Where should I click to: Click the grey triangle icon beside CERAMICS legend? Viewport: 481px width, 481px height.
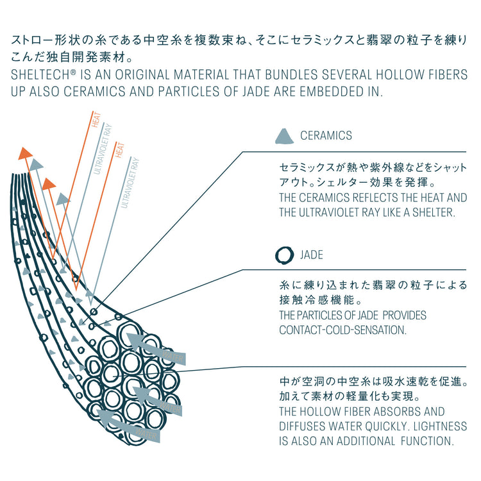click(x=283, y=136)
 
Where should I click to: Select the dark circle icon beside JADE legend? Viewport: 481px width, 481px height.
click(x=283, y=256)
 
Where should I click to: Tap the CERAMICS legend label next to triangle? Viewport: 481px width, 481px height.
click(x=326, y=136)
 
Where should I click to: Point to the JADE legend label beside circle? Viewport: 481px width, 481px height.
click(x=312, y=256)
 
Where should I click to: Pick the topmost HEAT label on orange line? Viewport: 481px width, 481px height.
click(x=97, y=121)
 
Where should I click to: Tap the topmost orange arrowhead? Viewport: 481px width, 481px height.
click(x=25, y=153)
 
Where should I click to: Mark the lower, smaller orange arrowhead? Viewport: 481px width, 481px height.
click(x=48, y=183)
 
